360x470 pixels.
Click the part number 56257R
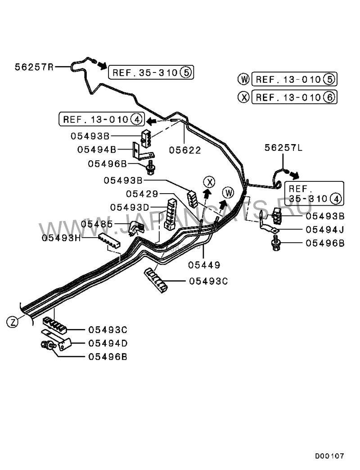point(34,67)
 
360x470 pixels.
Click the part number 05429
point(142,194)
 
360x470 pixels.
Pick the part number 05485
point(97,224)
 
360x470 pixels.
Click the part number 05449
point(204,264)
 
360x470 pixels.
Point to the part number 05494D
point(108,343)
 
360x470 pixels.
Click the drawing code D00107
point(329,456)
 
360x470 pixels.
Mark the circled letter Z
point(13,321)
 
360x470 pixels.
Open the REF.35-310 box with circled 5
point(150,72)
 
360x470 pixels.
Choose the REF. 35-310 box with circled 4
point(314,193)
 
